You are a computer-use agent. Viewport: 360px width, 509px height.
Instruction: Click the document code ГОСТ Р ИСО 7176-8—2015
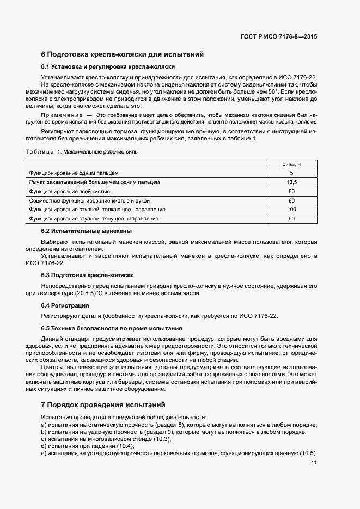pyautogui.click(x=278, y=36)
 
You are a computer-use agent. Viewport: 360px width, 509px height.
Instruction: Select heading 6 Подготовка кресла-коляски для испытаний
pyautogui.click(x=123, y=54)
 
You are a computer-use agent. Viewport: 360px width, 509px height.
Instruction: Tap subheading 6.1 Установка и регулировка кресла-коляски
pyautogui.click(x=108, y=67)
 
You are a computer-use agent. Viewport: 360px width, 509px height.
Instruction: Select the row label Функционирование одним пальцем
pyautogui.click(x=66, y=173)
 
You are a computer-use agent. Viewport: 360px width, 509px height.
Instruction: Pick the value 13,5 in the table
pyautogui.click(x=291, y=182)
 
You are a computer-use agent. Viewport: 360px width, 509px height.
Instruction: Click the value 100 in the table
pyautogui.click(x=291, y=210)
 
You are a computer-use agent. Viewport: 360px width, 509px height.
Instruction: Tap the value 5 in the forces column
pyautogui.click(x=291, y=173)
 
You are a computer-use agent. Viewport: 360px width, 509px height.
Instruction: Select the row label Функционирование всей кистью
pyautogui.click(x=70, y=191)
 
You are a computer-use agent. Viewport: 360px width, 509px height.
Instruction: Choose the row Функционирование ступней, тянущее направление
pyautogui.click(x=94, y=219)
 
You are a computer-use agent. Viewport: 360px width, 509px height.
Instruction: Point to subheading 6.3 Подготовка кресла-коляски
pyautogui.click(x=88, y=275)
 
